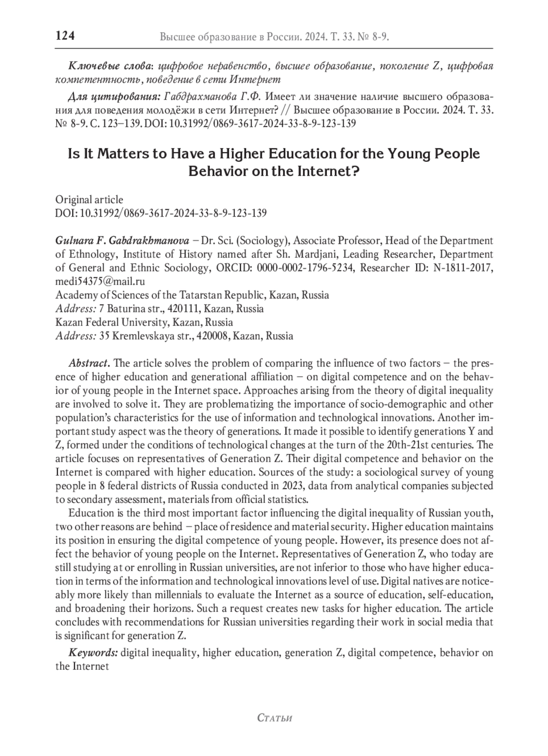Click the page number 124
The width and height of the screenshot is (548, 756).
(x=65, y=36)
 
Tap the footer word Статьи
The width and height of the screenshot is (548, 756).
(x=274, y=718)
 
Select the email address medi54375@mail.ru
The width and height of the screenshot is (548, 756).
(x=100, y=281)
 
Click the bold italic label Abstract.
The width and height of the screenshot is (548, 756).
(x=89, y=363)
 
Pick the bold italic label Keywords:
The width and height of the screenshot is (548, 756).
(x=93, y=652)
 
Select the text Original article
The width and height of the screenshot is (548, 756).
(x=89, y=200)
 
